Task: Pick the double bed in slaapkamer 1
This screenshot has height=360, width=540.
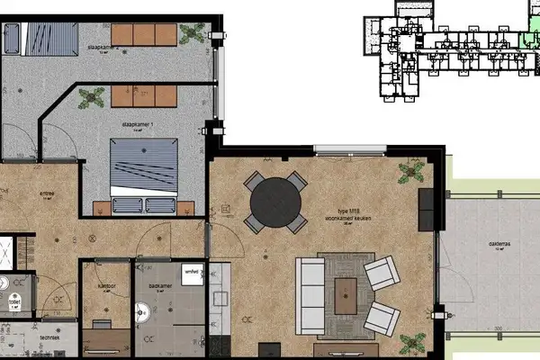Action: click(144, 170)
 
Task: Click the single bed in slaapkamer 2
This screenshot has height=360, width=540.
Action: click(41, 38)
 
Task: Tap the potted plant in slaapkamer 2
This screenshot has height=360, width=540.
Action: click(191, 34)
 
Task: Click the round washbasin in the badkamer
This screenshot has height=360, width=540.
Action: click(142, 313)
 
